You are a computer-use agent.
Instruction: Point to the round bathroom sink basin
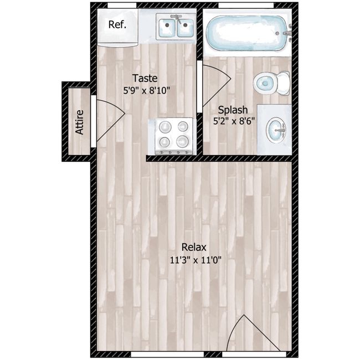click(x=275, y=132)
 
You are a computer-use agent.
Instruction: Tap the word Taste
click(x=145, y=78)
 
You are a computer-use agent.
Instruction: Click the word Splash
click(x=233, y=109)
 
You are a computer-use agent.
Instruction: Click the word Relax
click(x=194, y=247)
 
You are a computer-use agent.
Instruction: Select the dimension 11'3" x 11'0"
click(x=194, y=259)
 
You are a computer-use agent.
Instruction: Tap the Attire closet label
click(x=79, y=122)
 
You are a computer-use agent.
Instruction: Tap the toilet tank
click(x=283, y=83)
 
